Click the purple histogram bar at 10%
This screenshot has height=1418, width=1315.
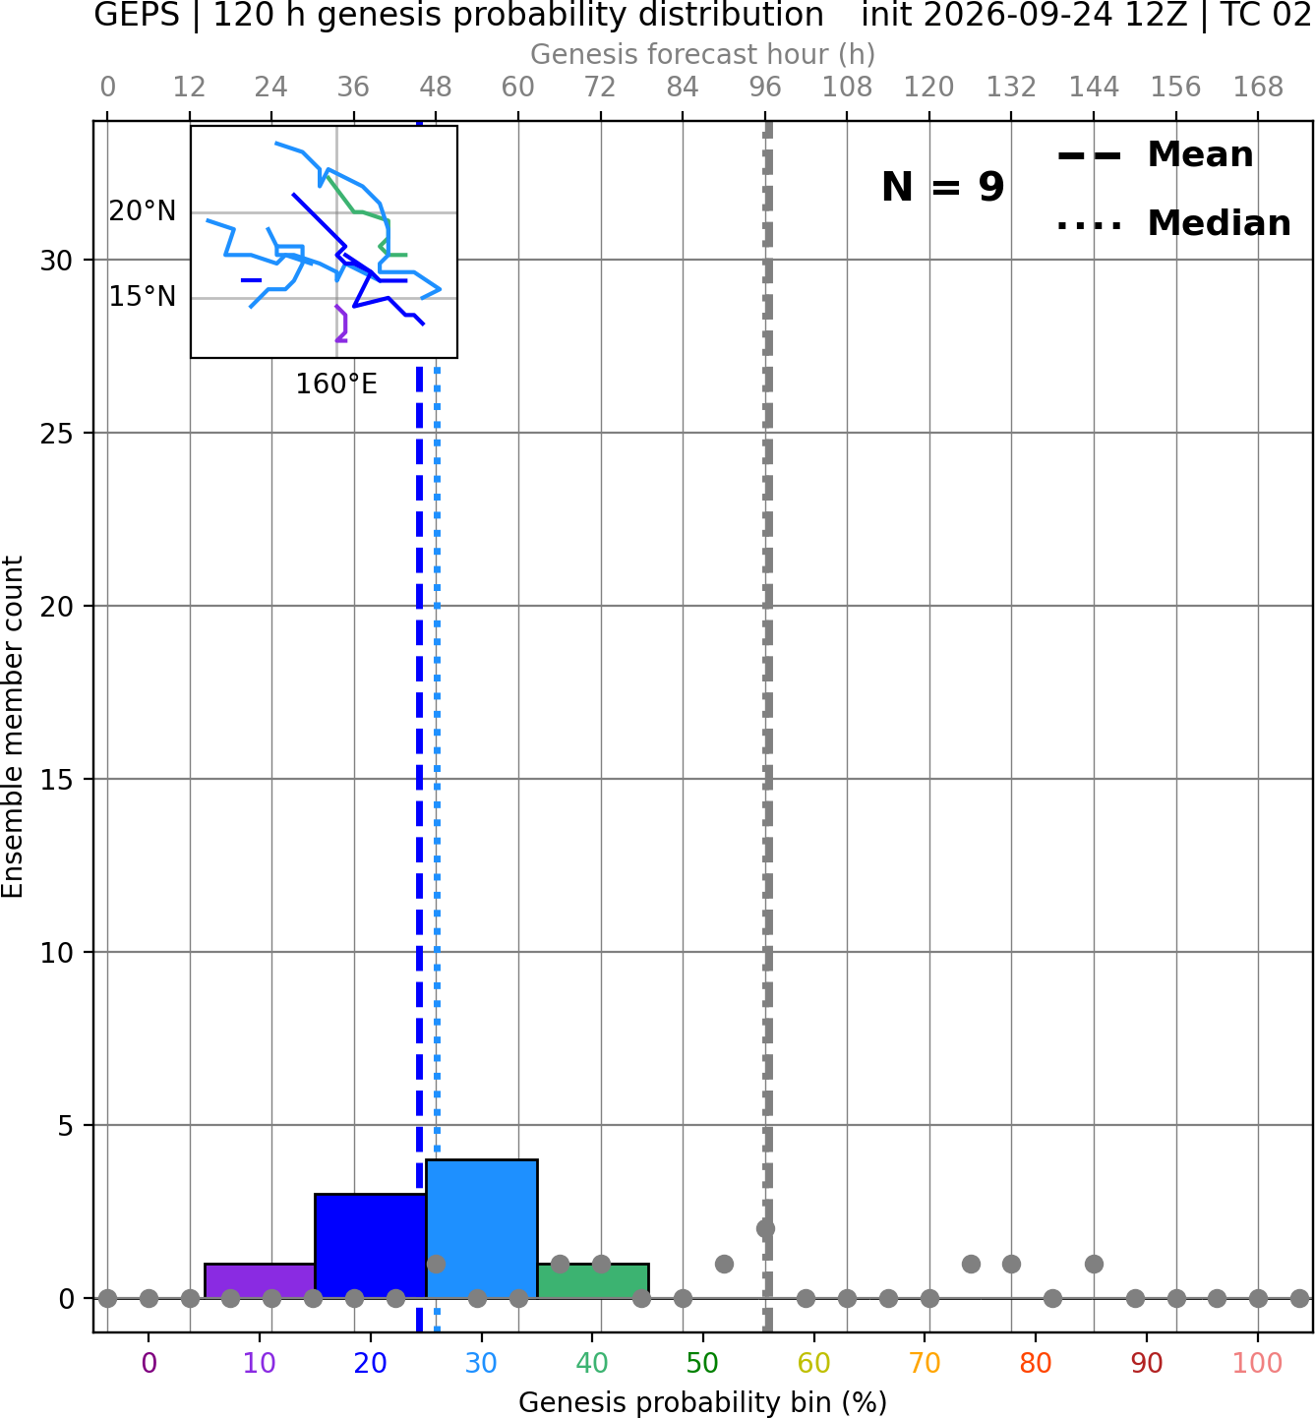coord(260,1280)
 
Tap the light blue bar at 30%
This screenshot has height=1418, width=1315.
coord(482,1228)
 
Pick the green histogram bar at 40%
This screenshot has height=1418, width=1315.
coord(593,1280)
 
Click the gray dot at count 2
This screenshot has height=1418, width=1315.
coord(765,1228)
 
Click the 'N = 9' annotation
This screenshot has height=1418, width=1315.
coord(943,187)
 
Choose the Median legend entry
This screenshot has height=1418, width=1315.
coord(1174,223)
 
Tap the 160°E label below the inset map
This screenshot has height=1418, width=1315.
coord(335,384)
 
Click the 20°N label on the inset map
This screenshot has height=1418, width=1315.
coord(143,211)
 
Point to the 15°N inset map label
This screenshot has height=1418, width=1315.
coord(143,297)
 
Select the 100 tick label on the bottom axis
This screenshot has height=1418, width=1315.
coord(1257,1363)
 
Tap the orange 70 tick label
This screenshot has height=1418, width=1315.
coord(925,1363)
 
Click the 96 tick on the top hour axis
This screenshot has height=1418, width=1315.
coord(765,88)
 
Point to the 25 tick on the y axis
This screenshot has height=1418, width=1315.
coord(57,434)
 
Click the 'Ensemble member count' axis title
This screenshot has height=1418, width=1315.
coord(13,727)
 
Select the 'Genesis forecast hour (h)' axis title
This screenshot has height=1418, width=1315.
coord(703,54)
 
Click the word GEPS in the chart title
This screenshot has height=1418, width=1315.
coord(137,15)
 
